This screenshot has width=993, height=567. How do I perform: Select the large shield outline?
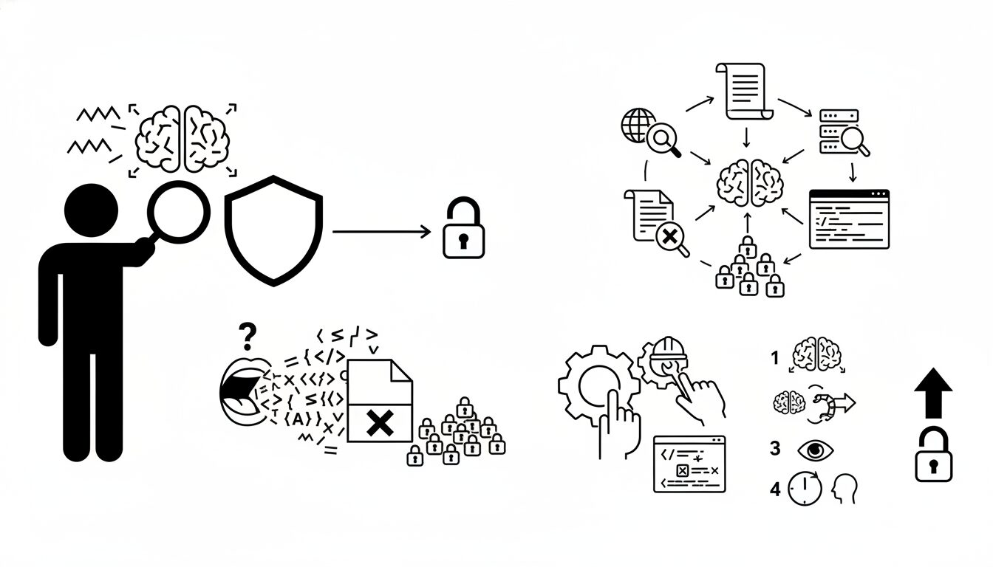click(273, 230)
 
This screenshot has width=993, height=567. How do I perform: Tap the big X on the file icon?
click(379, 423)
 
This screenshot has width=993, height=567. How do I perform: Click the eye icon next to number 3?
click(814, 450)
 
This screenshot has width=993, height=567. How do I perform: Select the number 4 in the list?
click(775, 489)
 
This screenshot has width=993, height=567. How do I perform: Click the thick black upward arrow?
click(933, 393)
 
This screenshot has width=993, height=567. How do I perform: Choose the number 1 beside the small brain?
click(775, 358)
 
